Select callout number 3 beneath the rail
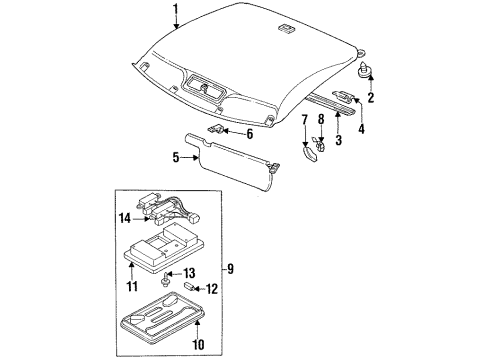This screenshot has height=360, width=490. coord(336,141)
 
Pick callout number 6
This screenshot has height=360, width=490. coord(249,133)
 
